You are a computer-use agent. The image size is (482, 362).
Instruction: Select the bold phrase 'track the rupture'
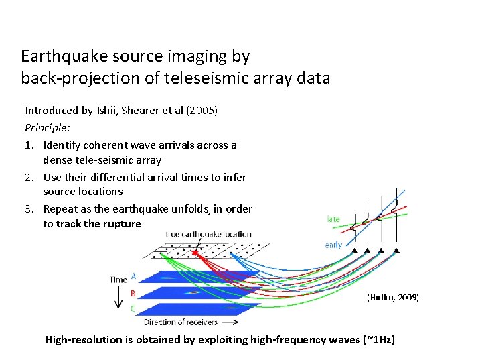pyautogui.click(x=98, y=224)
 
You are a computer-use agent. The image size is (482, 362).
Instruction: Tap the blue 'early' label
pyautogui.click(x=333, y=245)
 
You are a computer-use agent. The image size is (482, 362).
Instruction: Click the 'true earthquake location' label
pyautogui.click(x=208, y=234)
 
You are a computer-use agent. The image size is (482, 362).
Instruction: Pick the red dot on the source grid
pyautogui.click(x=195, y=253)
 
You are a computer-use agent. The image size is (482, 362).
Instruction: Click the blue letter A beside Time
pyautogui.click(x=133, y=276)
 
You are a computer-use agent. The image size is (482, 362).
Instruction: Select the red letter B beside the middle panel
pyautogui.click(x=133, y=292)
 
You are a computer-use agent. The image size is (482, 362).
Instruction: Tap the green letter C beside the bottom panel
pyautogui.click(x=133, y=308)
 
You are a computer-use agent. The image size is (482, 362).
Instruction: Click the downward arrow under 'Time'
pyautogui.click(x=118, y=296)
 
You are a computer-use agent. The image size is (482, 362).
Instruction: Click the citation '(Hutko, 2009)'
pyautogui.click(x=393, y=297)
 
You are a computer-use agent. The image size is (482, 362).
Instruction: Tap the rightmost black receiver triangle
pyautogui.click(x=397, y=250)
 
